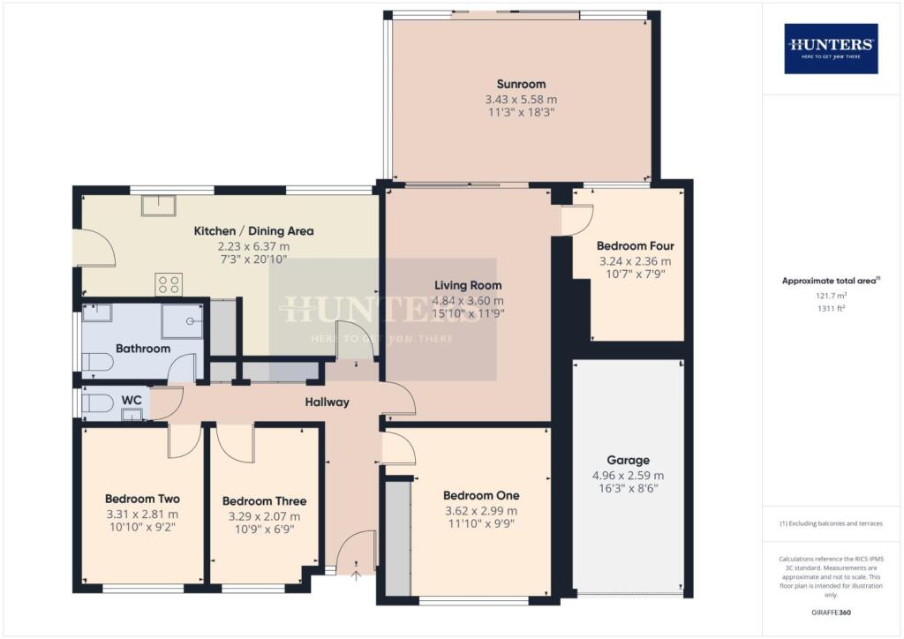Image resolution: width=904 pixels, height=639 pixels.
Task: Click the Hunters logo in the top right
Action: tap(831, 48)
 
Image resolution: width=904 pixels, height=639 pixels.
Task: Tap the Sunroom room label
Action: tap(520, 85)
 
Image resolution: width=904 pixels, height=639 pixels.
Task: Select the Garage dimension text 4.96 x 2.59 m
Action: tap(628, 475)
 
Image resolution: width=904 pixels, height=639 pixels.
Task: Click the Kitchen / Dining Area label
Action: tap(253, 231)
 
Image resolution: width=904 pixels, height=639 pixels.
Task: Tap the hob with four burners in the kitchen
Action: tap(169, 284)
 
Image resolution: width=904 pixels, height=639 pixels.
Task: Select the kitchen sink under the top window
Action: tap(160, 205)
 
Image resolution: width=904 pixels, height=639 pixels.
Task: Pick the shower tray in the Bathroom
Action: tap(182, 321)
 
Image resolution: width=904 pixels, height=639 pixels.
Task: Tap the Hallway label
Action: tap(327, 402)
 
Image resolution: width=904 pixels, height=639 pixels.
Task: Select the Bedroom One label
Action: tap(481, 495)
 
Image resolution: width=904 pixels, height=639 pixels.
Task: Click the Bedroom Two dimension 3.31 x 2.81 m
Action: tap(141, 514)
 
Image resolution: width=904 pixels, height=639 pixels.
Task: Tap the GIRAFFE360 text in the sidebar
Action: tap(830, 612)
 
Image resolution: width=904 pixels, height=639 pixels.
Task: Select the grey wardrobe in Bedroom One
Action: tap(398, 538)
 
